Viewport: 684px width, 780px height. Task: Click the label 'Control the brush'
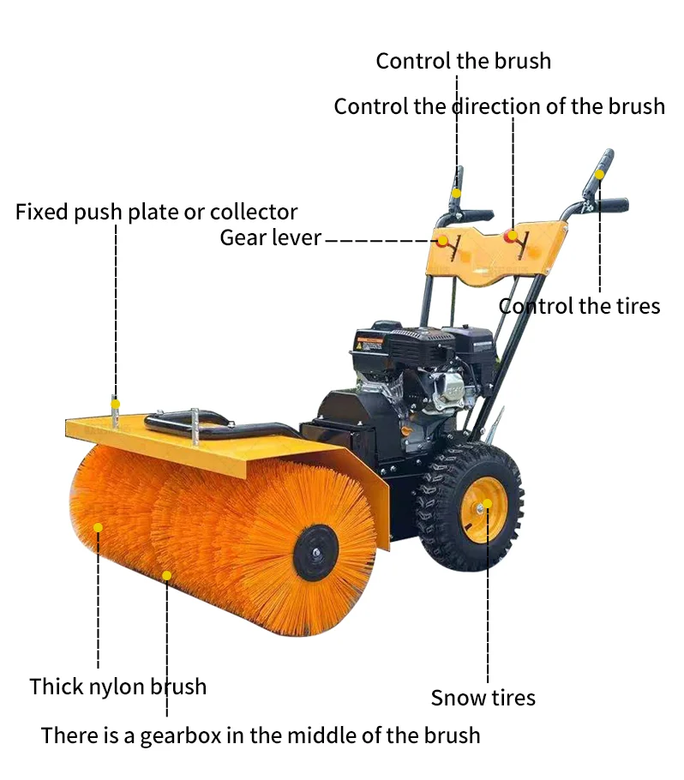pyautogui.click(x=463, y=61)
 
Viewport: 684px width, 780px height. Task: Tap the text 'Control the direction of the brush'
pyautogui.click(x=499, y=106)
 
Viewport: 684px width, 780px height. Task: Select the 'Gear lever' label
pyautogui.click(x=270, y=237)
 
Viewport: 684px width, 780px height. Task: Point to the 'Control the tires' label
pyautogui.click(x=579, y=306)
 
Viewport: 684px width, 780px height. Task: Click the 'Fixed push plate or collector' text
pyautogui.click(x=156, y=212)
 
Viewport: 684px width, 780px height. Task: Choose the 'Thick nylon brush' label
pyautogui.click(x=117, y=687)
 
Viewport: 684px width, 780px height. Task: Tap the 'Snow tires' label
pyautogui.click(x=483, y=698)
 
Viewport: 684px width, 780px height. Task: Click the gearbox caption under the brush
pyautogui.click(x=261, y=735)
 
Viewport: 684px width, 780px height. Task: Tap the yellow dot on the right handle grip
pyautogui.click(x=600, y=174)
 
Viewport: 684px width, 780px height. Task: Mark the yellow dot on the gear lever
pyautogui.click(x=443, y=241)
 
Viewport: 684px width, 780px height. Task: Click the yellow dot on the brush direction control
pyautogui.click(x=512, y=234)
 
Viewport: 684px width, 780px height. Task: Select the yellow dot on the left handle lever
pyautogui.click(x=458, y=194)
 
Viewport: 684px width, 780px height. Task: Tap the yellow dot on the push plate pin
pyautogui.click(x=116, y=403)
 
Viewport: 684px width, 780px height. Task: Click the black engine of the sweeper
pyautogui.click(x=420, y=369)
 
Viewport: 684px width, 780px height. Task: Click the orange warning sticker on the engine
pyautogui.click(x=370, y=345)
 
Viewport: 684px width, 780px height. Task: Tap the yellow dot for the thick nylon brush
pyautogui.click(x=98, y=527)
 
